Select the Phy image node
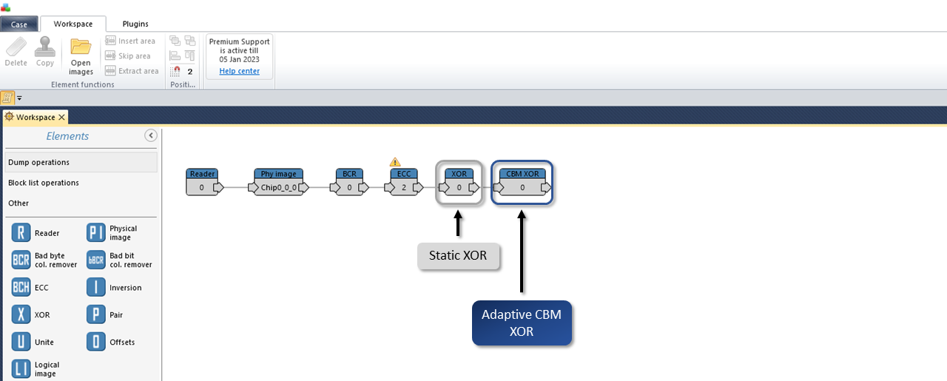[278, 182]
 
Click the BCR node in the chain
[349, 182]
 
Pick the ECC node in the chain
[404, 182]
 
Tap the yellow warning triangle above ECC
[395, 162]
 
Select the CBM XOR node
[522, 182]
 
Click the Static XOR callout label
[458, 256]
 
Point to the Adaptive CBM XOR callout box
[522, 323]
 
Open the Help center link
[239, 71]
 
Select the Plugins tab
[135, 24]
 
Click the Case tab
[19, 24]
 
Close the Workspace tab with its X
[61, 117]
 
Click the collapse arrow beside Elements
[151, 135]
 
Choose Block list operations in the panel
[44, 183]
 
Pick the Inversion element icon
[96, 287]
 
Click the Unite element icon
[21, 342]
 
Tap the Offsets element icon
[96, 342]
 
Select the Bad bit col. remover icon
[96, 260]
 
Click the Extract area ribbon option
[132, 70]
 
